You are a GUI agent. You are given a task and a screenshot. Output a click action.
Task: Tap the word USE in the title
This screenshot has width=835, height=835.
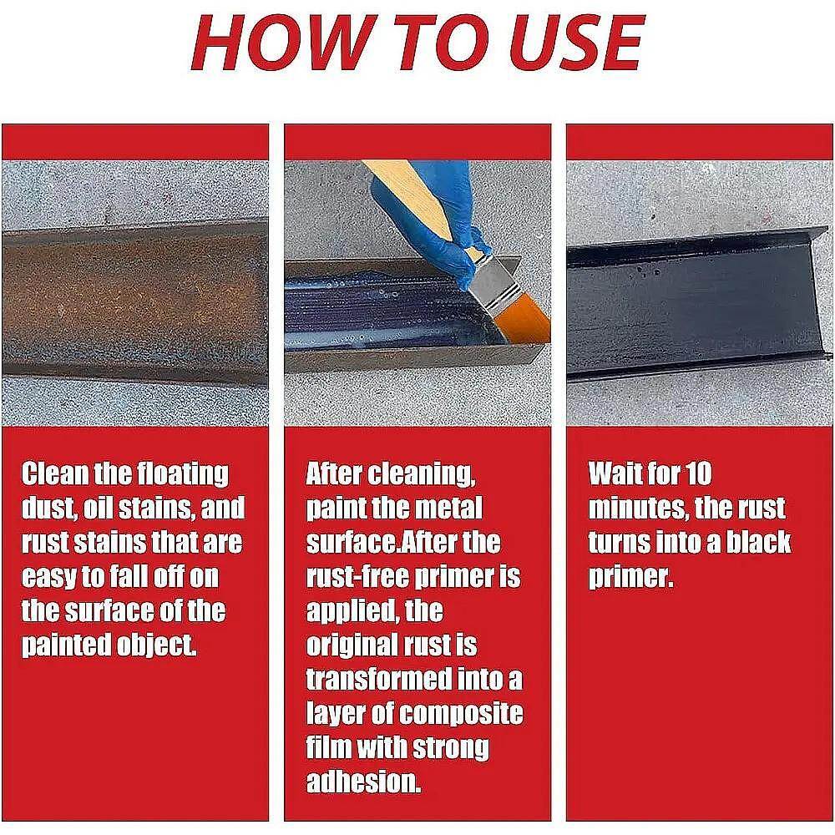click(576, 42)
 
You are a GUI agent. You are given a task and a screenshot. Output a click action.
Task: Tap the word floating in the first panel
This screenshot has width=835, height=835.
click(183, 474)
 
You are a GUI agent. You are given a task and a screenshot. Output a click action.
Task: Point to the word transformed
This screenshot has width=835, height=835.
click(378, 679)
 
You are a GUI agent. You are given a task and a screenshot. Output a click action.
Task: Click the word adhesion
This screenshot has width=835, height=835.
click(363, 782)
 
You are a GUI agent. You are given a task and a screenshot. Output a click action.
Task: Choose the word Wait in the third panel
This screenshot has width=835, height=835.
click(612, 473)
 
